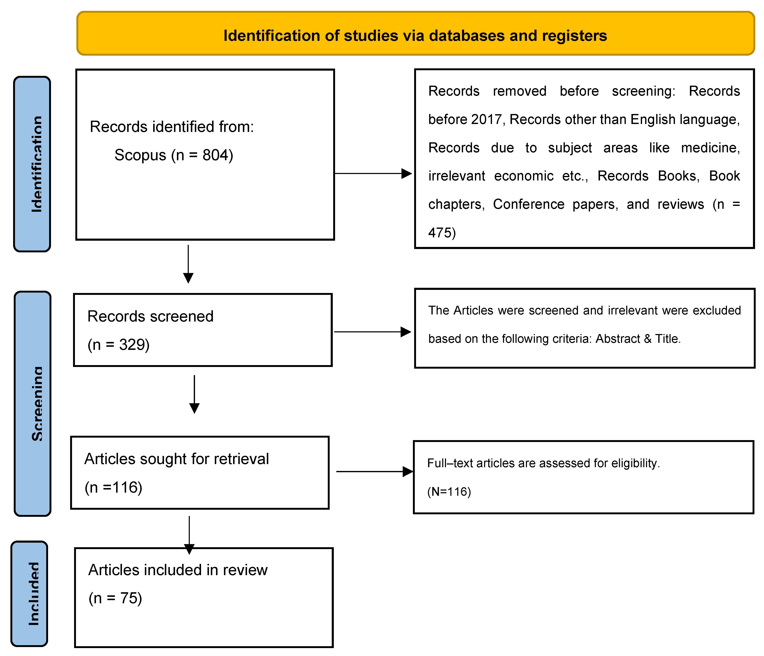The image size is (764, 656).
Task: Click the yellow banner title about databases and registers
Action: pos(415,35)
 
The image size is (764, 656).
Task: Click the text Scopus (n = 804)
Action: pos(174,155)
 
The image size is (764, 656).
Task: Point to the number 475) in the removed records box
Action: pos(442,233)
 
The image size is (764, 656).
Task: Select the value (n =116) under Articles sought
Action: pos(113,487)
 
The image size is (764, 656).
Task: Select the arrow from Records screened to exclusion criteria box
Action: pos(372,332)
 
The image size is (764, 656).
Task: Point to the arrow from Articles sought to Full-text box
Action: pos(374,471)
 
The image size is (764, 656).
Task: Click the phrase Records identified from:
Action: pos(172,127)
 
